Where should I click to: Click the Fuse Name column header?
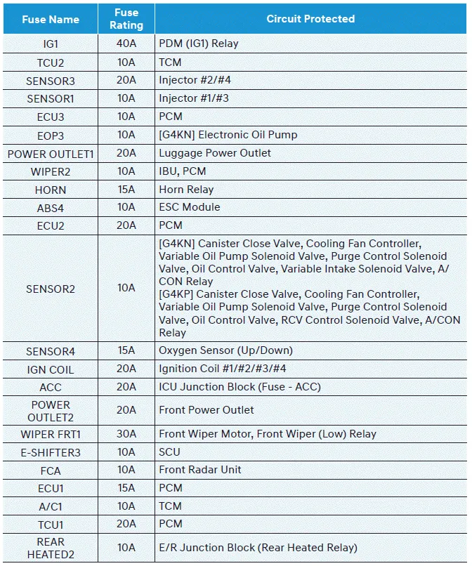[51, 19]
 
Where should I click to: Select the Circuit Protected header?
[310, 19]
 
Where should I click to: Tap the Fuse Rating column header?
[126, 19]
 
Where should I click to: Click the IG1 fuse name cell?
[51, 44]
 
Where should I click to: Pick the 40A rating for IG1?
[126, 44]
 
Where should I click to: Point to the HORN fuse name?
[51, 190]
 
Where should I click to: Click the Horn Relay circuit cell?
[186, 190]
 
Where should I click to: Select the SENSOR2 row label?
[51, 289]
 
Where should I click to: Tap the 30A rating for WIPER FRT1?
[126, 434]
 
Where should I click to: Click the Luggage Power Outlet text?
[215, 153]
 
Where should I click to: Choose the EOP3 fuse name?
[51, 135]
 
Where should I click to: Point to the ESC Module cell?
[190, 207]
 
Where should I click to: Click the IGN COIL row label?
[51, 369]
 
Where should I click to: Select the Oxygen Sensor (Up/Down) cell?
[225, 350]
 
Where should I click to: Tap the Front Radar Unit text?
[201, 470]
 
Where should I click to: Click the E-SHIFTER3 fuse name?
[51, 452]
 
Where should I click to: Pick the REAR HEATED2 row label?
[51, 548]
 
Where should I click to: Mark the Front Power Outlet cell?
[206, 410]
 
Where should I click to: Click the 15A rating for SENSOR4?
[126, 350]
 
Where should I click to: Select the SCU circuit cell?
[169, 452]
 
